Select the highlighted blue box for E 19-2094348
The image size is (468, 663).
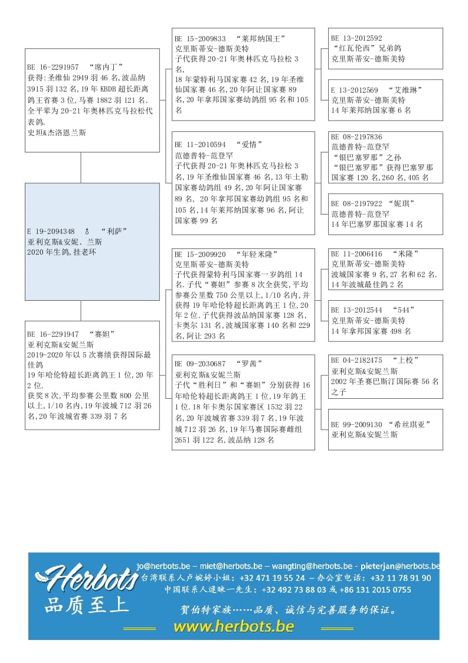tap(92, 241)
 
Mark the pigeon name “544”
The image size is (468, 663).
tap(405, 310)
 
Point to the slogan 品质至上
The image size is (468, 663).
tap(86, 606)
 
